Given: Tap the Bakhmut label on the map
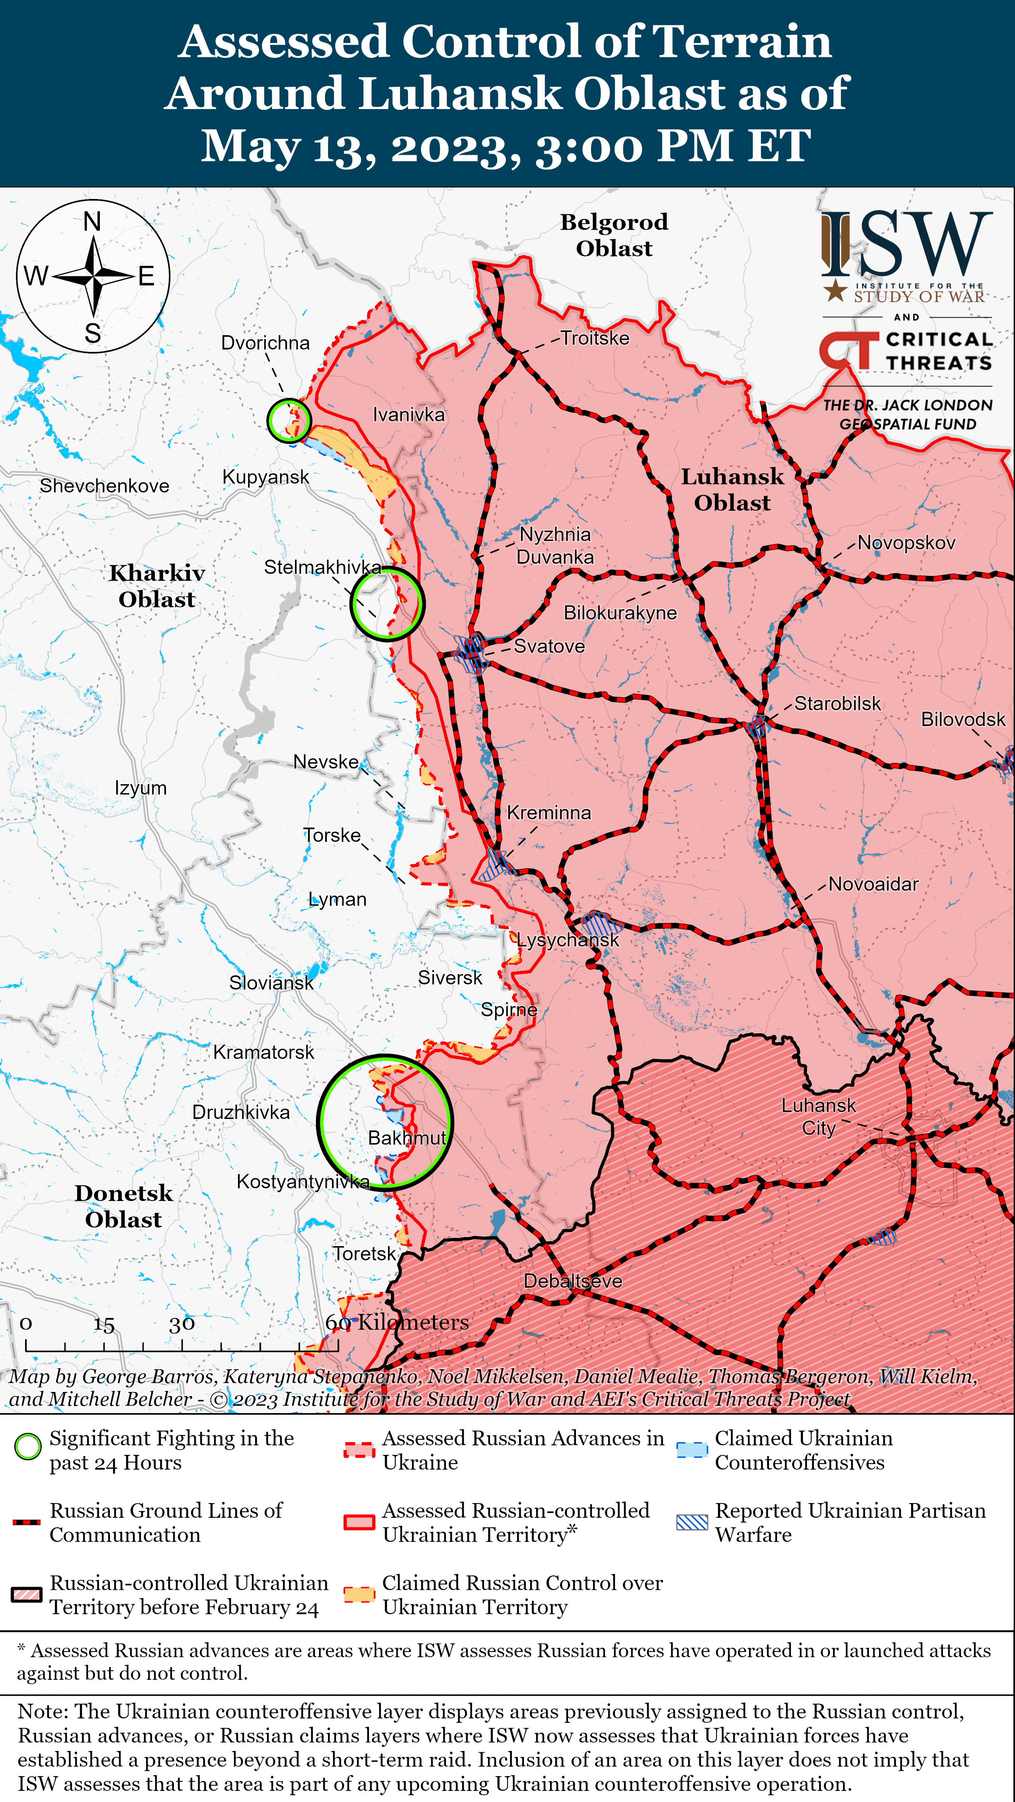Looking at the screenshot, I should (406, 1138).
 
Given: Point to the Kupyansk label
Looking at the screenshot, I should (265, 477).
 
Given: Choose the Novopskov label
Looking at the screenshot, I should (906, 543).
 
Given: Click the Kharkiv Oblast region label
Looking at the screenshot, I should (157, 586).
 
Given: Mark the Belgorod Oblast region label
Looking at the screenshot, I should (614, 235).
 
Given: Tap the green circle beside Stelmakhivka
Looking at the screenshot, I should (386, 603).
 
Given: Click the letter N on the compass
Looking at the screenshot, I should (92, 222).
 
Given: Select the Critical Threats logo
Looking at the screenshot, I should (906, 351).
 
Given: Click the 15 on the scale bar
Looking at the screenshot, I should (103, 1324).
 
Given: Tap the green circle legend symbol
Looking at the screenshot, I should (28, 1447).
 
